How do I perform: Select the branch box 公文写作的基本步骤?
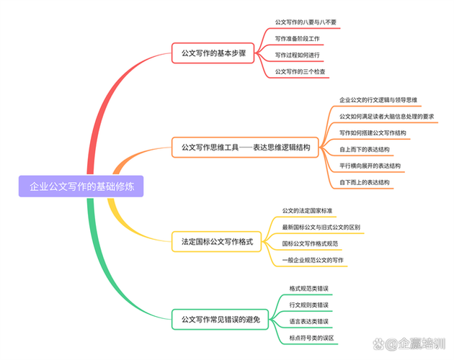click(x=213, y=53)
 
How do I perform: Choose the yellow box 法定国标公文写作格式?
click(x=217, y=243)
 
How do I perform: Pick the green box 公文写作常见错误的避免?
click(x=220, y=318)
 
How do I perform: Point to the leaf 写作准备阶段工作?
click(x=298, y=38)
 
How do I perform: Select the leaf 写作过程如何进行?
click(x=298, y=55)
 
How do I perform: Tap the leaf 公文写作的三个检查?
click(x=301, y=71)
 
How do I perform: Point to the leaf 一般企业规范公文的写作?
click(x=313, y=259)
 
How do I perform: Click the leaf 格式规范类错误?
click(x=309, y=288)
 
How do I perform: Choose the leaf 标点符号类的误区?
click(x=312, y=338)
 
